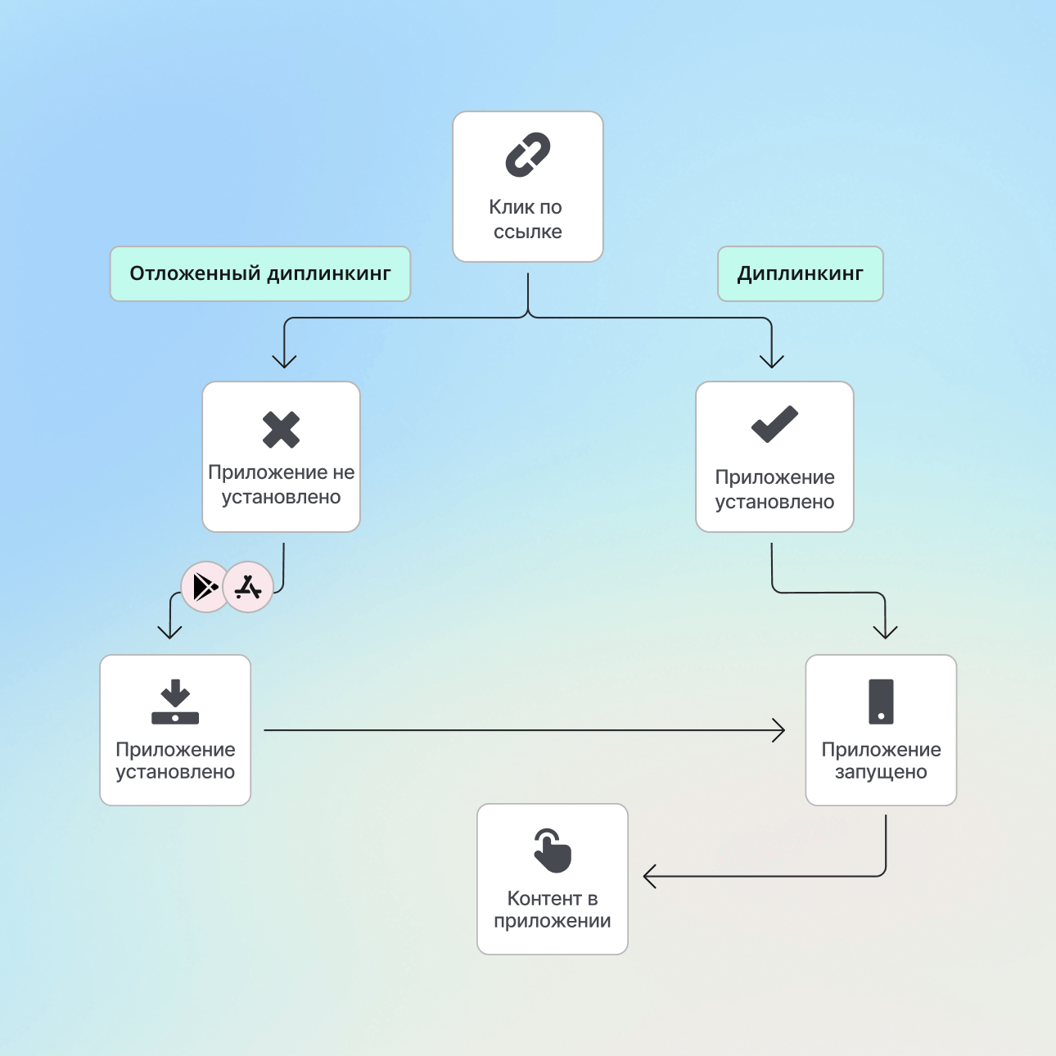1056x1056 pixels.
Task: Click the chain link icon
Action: click(x=528, y=155)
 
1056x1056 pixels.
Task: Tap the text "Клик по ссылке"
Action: click(x=527, y=219)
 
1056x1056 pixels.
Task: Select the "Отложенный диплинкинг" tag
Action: click(x=260, y=273)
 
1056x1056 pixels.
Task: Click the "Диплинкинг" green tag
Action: click(x=800, y=273)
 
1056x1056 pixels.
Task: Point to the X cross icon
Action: click(x=282, y=430)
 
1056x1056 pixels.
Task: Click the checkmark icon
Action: click(x=774, y=424)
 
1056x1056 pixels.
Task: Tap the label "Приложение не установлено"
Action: click(x=282, y=485)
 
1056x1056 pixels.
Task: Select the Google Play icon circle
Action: click(x=205, y=587)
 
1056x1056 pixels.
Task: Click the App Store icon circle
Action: click(x=248, y=587)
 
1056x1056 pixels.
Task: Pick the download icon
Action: click(x=175, y=702)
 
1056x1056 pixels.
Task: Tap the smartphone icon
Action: click(x=881, y=702)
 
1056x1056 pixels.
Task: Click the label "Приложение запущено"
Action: click(x=881, y=760)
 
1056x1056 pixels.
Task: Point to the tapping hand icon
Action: click(x=553, y=851)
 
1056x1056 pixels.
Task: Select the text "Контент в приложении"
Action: click(x=553, y=909)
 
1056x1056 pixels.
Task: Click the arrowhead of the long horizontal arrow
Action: click(x=780, y=730)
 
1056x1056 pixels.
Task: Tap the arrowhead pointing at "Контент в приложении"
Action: click(x=649, y=877)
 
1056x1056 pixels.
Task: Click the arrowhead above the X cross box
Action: click(x=284, y=362)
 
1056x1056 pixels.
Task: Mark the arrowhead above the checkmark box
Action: click(x=772, y=362)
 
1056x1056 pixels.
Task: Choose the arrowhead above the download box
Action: click(x=169, y=633)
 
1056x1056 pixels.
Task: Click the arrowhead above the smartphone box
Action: click(x=885, y=633)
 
